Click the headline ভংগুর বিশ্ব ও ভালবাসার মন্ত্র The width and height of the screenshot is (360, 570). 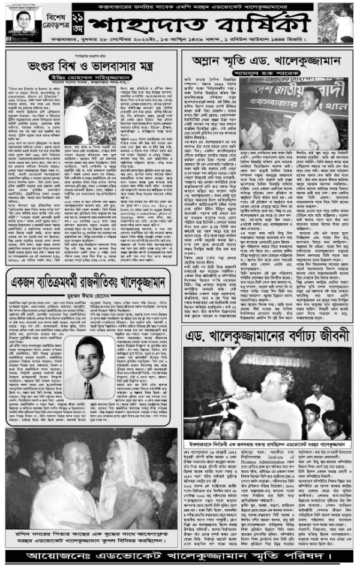(91, 65)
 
